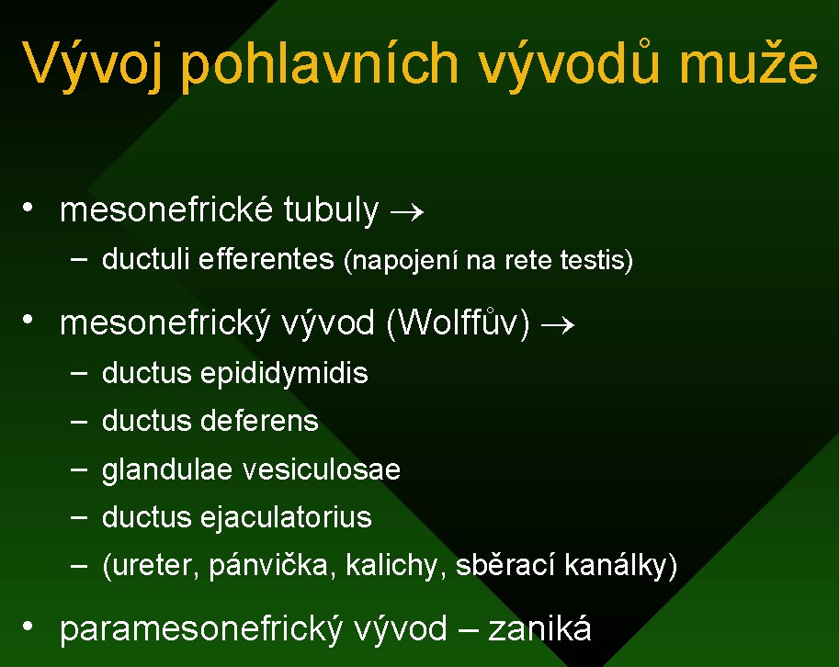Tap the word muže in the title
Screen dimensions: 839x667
(749, 64)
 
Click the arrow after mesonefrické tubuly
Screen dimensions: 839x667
(407, 212)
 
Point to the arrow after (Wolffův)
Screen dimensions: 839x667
(558, 324)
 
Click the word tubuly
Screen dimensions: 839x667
(331, 209)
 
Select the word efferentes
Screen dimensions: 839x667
(266, 259)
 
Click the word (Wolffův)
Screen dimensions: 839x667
(458, 322)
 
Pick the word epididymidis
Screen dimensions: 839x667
(284, 373)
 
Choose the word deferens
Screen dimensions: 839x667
(259, 421)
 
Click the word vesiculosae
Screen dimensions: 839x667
(322, 469)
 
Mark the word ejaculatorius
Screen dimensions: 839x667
(286, 518)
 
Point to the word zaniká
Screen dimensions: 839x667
(540, 627)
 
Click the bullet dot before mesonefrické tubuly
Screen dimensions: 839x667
(28, 207)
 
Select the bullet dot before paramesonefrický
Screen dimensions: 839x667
(28, 626)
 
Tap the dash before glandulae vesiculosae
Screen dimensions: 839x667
(79, 469)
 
